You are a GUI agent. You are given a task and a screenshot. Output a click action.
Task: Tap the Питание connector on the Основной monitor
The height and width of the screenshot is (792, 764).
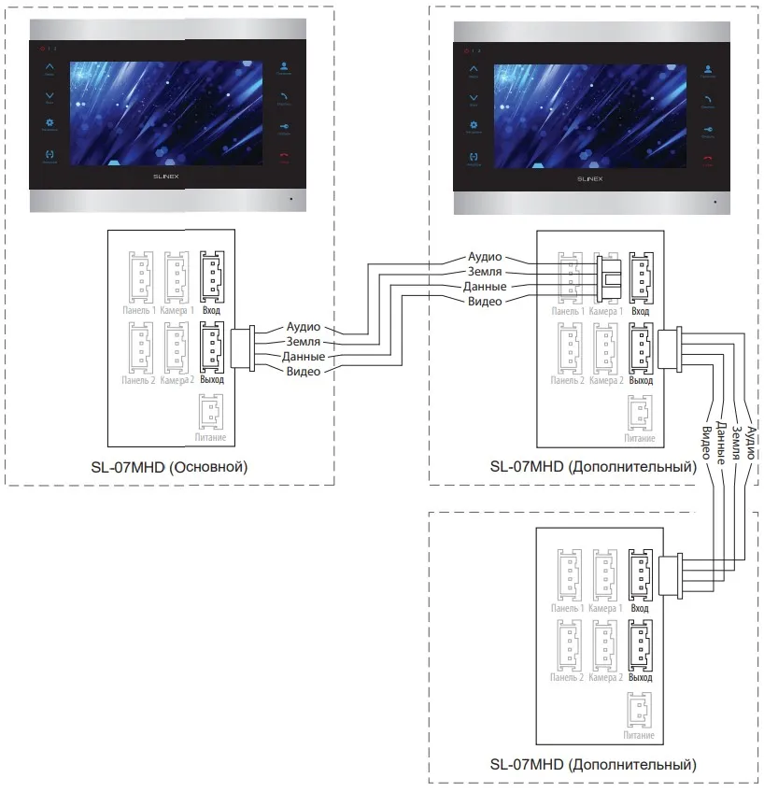(211, 412)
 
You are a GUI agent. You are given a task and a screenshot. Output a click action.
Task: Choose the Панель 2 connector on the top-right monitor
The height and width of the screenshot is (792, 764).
(569, 346)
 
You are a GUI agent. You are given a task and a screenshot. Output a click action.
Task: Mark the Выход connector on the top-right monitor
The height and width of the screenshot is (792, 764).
(641, 346)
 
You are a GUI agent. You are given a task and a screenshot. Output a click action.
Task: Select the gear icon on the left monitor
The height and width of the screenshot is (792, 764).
(50, 123)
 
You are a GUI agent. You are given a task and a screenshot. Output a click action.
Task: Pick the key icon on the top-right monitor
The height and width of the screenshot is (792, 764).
(707, 128)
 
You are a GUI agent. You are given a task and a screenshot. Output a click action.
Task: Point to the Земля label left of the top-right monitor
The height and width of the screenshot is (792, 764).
(485, 271)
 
